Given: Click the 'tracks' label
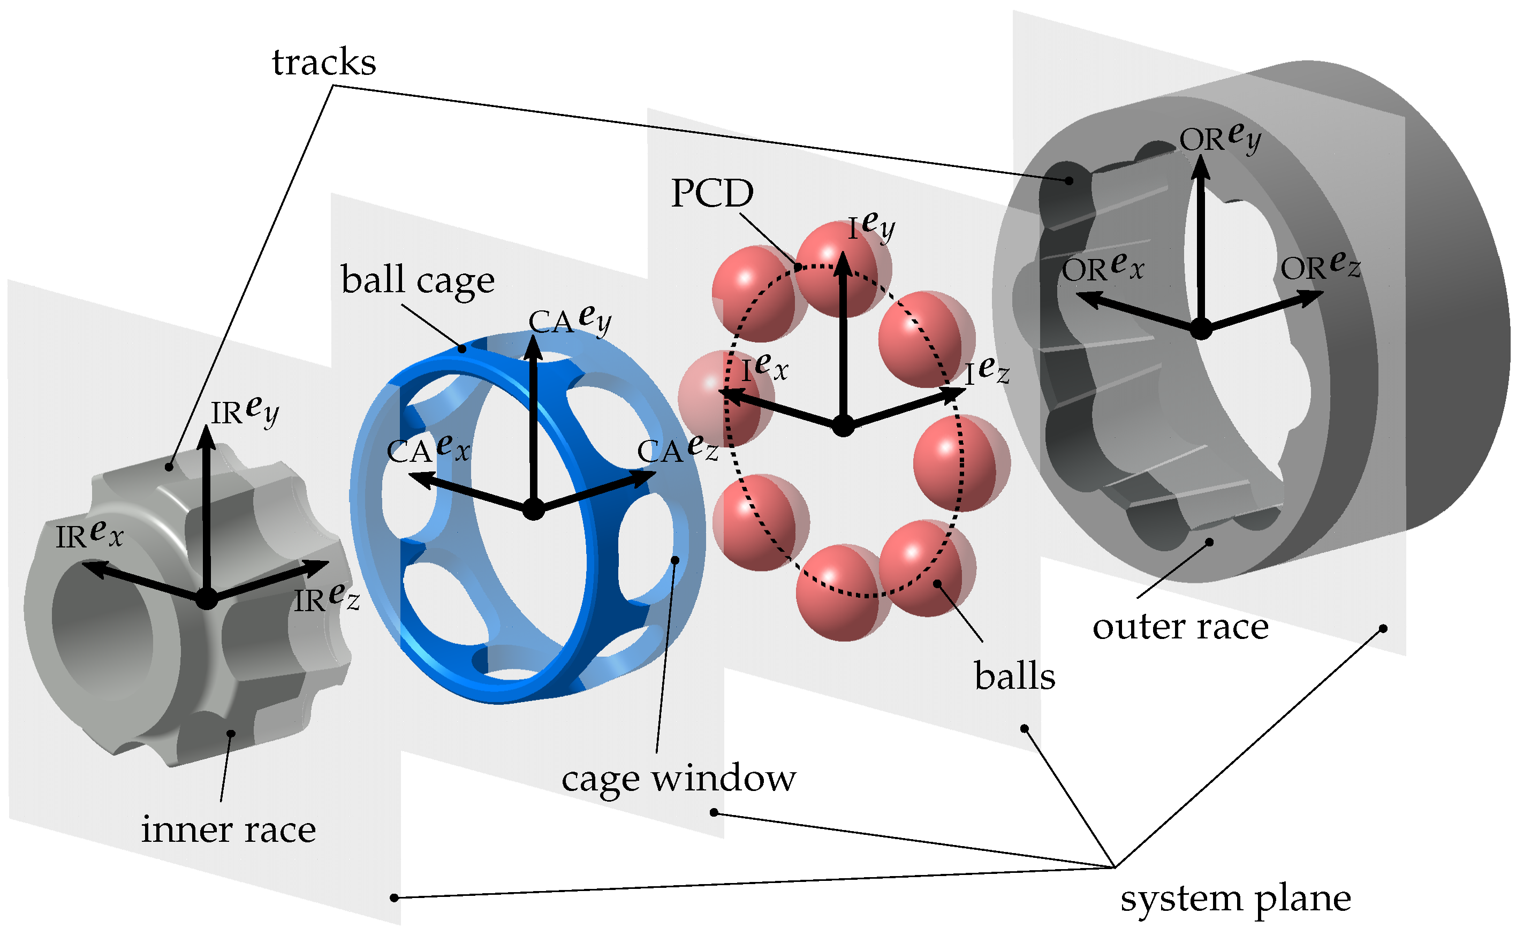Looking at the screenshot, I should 324,63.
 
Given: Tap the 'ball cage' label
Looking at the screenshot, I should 418,280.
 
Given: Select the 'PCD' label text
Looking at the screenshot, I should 712,194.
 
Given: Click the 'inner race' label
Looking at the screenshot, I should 229,830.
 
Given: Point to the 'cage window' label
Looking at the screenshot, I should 678,778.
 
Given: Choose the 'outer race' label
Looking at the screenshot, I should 1180,627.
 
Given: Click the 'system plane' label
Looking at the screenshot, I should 1235,898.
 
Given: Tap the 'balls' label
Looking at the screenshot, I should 1014,675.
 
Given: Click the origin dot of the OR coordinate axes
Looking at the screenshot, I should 1200,329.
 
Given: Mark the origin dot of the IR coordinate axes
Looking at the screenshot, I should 207,599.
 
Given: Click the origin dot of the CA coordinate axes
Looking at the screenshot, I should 534,509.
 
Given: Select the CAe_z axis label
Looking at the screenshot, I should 678,450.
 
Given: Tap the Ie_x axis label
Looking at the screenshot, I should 764,368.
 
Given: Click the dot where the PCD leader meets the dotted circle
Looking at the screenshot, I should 799,268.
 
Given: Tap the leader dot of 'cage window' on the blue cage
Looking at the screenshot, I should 674,560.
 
